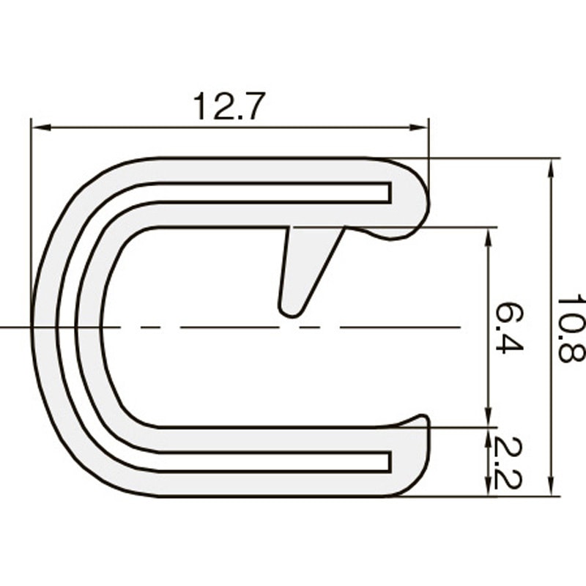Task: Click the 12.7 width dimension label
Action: (228, 107)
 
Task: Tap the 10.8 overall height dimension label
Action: (570, 329)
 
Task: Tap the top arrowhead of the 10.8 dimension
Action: (551, 166)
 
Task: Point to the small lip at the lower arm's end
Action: (419, 420)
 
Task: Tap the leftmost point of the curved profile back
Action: (33, 326)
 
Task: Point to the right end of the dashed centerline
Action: (458, 327)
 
